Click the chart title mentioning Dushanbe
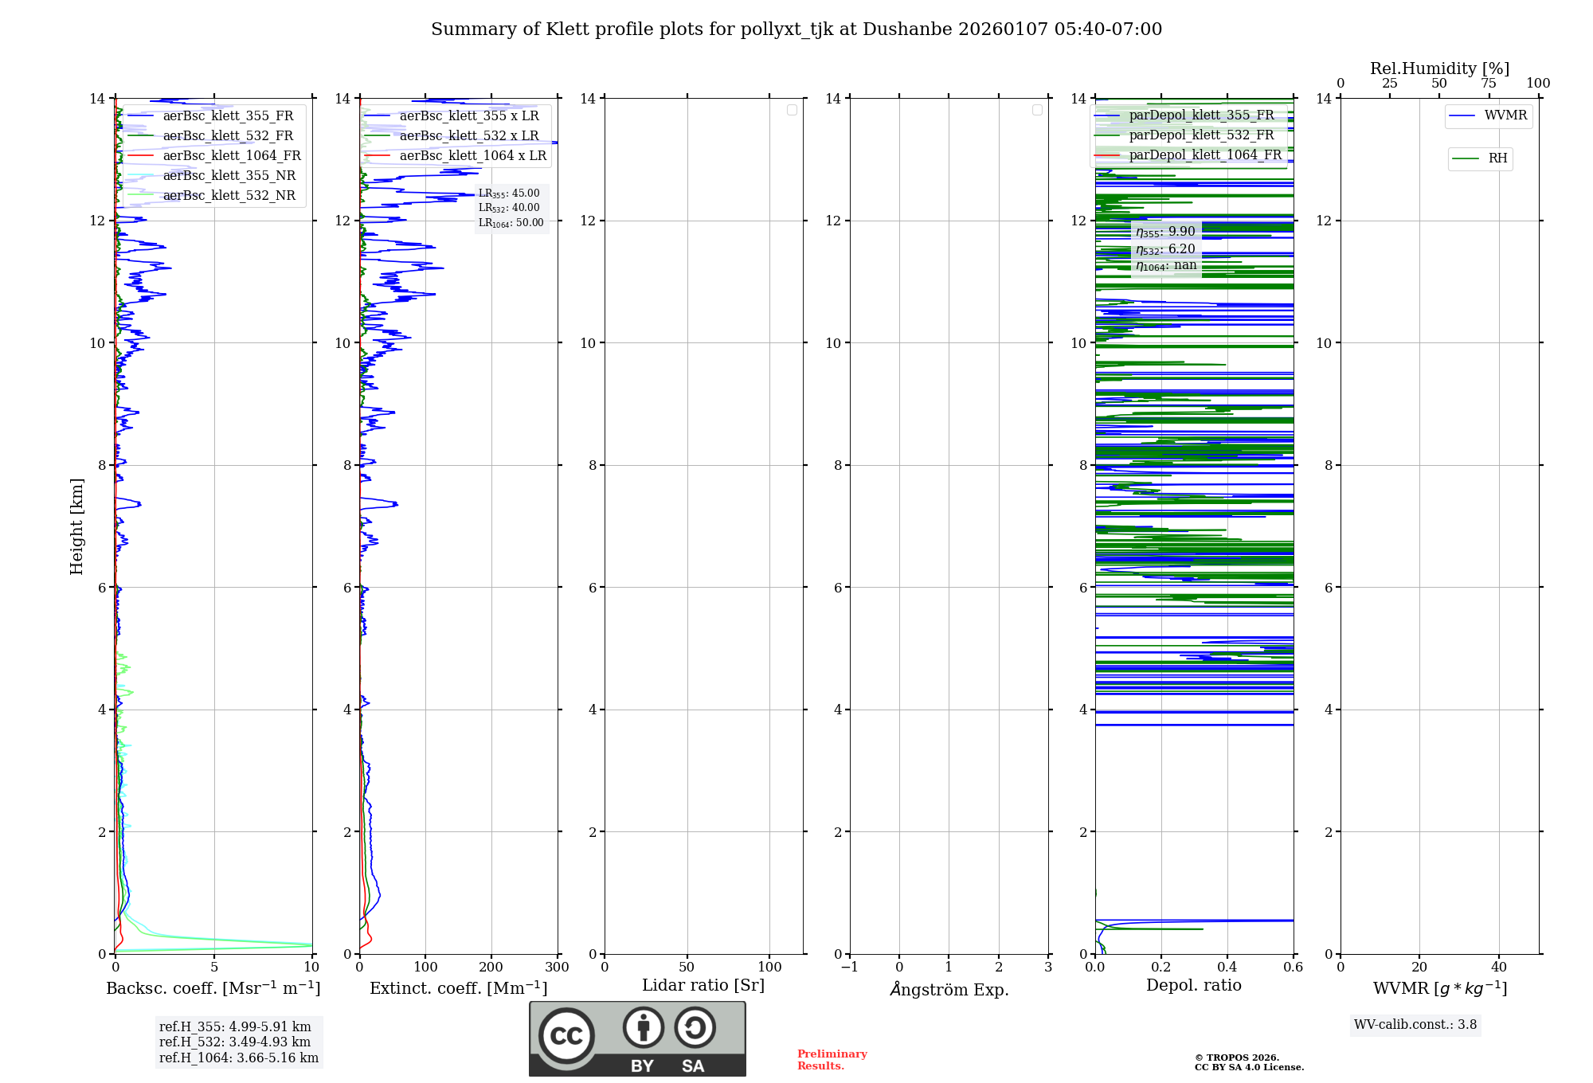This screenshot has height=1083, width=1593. click(796, 29)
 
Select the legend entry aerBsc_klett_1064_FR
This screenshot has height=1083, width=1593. click(231, 155)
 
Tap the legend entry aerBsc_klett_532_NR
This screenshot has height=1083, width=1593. click(229, 195)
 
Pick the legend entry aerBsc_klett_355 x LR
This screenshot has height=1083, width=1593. click(468, 115)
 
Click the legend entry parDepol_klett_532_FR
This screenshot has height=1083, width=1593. click(1201, 135)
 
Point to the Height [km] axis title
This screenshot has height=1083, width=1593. click(76, 526)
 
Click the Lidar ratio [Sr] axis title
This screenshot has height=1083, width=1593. click(703, 985)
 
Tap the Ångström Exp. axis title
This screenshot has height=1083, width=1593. click(949, 989)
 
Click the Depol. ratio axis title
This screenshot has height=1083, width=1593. click(1193, 985)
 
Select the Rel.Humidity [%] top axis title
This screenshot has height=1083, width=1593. click(1439, 68)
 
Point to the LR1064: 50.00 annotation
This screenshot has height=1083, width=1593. click(511, 223)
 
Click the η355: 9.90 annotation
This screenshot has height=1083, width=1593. click(1165, 232)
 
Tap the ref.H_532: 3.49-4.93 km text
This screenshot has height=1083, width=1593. click(235, 1042)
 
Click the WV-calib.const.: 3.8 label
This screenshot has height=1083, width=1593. click(1415, 1024)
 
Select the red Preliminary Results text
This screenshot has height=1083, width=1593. click(832, 1059)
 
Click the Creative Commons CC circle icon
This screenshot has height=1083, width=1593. click(566, 1036)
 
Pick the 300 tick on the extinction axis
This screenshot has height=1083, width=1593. click(557, 967)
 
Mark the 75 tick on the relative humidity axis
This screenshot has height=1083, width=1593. click(1488, 83)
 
